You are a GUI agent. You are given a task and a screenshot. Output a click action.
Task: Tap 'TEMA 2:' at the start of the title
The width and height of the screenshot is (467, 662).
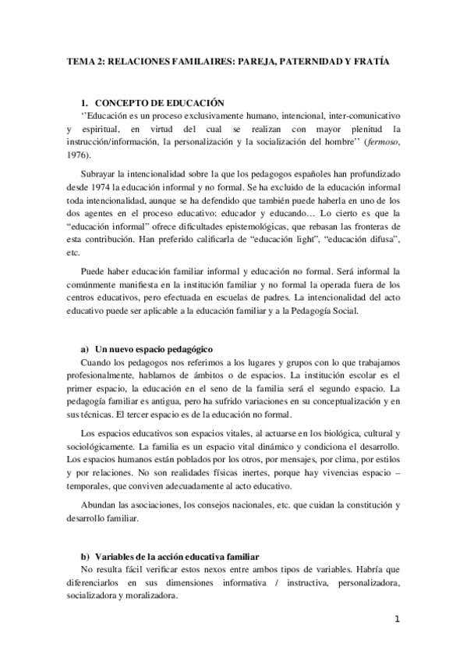point(82,61)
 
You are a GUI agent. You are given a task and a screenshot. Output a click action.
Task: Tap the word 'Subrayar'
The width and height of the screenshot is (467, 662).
point(101,173)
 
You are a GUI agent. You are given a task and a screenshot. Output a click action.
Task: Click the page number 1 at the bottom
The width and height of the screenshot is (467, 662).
point(397,621)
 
